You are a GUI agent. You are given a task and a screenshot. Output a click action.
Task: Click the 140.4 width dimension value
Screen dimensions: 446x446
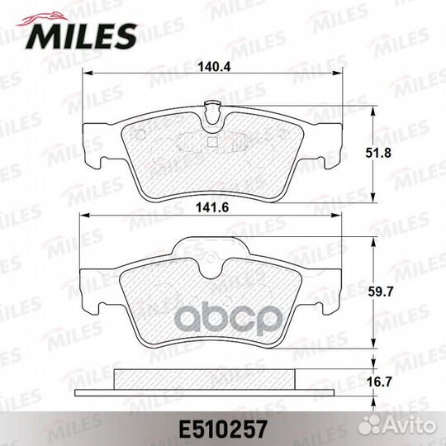point(214,67)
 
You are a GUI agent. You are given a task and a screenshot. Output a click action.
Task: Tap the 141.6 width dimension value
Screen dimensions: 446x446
point(212,208)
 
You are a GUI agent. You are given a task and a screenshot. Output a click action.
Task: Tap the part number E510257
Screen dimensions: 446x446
point(222,429)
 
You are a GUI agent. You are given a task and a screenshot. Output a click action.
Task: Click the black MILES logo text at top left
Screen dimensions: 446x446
point(82,36)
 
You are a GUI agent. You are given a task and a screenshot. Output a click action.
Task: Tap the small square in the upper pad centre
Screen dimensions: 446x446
point(211,142)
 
